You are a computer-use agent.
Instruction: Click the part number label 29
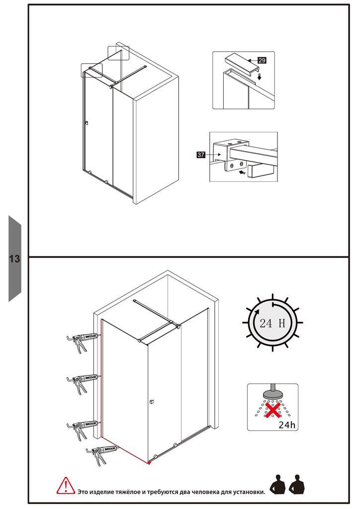262,60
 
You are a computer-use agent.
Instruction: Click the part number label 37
201,155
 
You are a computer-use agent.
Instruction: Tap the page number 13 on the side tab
14,258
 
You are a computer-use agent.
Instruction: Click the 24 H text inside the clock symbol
272,323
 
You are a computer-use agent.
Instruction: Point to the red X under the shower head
273,410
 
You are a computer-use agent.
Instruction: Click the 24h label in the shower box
287,424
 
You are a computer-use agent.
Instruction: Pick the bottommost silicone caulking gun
101,454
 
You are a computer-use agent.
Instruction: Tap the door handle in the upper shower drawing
87,123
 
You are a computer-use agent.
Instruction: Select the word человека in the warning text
205,492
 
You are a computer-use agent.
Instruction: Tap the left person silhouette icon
277,484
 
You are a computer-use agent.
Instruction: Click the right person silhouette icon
297,484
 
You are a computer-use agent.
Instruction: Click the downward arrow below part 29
259,77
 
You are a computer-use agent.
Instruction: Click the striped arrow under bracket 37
242,172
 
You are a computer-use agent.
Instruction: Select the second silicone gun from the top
82,383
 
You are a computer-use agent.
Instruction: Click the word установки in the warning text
249,492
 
